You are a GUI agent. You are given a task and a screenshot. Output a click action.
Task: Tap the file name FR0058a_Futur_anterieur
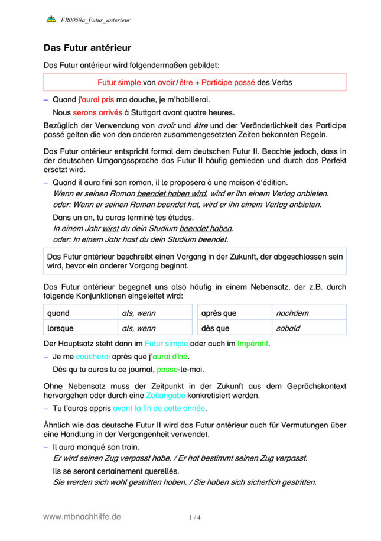(95, 20)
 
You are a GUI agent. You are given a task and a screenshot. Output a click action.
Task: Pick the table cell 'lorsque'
(60, 328)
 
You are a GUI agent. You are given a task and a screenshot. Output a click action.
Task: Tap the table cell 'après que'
(219, 313)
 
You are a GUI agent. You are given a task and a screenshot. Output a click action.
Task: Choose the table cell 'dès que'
(215, 328)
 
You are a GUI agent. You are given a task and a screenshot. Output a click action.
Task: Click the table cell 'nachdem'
(292, 313)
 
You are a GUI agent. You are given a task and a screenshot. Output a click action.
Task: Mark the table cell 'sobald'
(288, 328)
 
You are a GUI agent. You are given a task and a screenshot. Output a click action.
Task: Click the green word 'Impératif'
(257, 344)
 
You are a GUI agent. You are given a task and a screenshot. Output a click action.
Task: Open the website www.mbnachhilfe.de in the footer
(82, 516)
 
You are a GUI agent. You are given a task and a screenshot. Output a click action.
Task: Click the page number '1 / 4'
(195, 517)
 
